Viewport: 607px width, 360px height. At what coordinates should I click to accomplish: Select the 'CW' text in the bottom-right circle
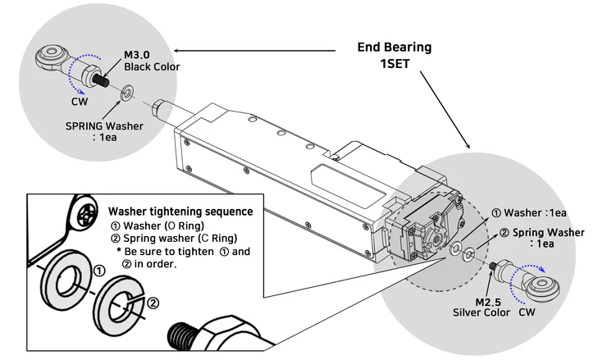(539, 312)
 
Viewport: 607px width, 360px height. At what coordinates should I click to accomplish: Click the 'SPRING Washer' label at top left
(105, 127)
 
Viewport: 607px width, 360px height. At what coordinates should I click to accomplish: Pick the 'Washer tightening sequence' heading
(180, 211)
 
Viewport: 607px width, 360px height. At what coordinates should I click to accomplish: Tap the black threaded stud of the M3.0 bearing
(103, 81)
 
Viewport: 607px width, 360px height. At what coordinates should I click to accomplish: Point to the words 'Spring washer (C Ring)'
(182, 239)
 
